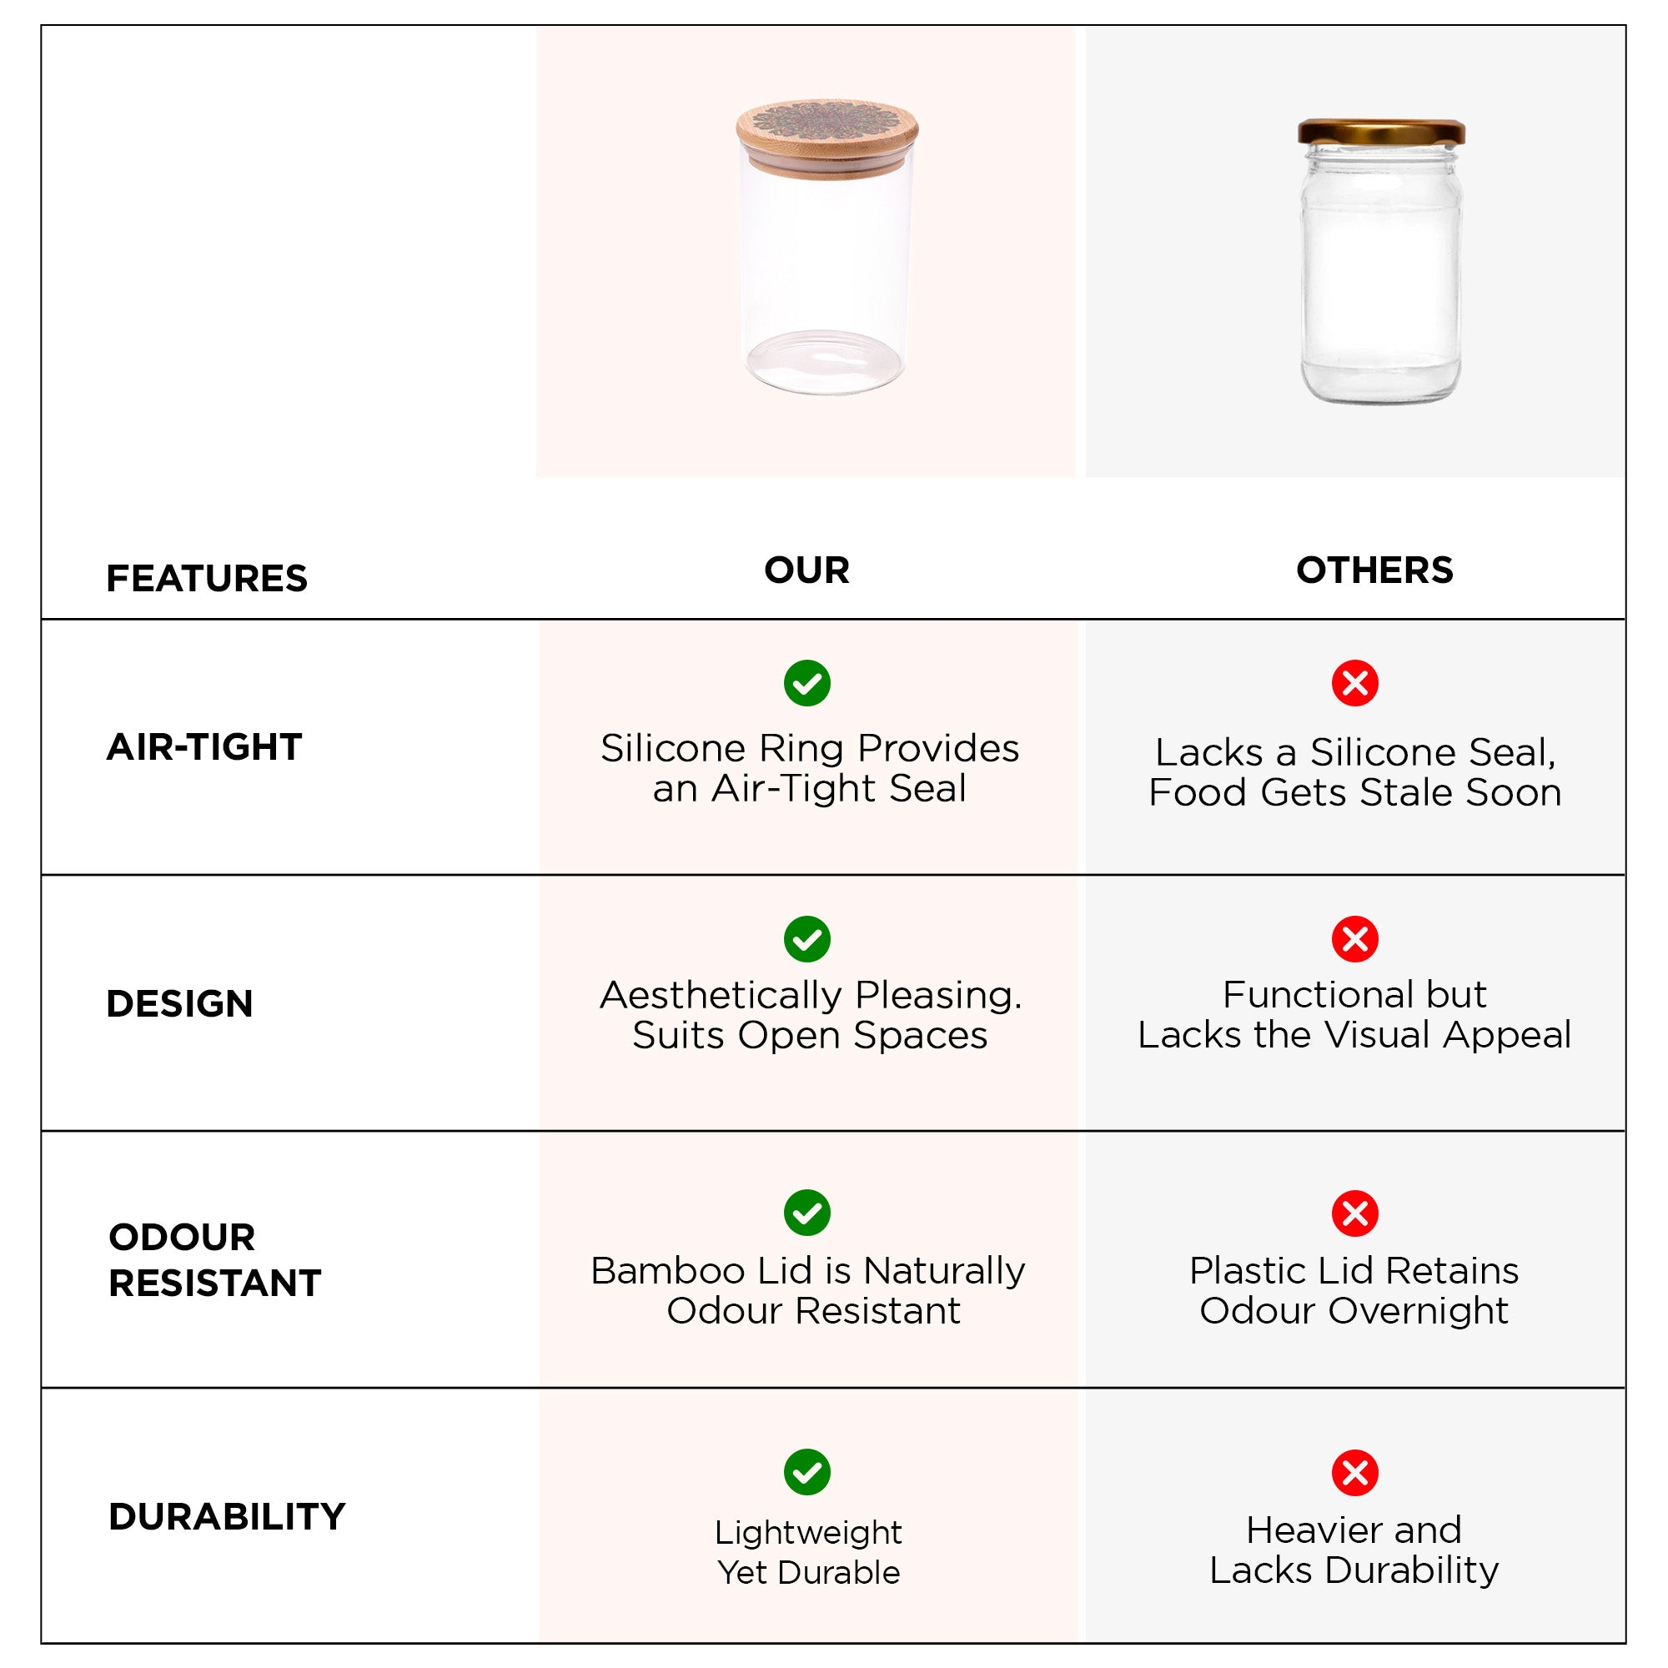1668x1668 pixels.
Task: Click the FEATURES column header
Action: (x=206, y=579)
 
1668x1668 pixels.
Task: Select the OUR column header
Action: (x=807, y=570)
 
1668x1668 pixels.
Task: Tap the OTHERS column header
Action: (x=1374, y=570)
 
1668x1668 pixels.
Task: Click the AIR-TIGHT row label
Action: (x=204, y=746)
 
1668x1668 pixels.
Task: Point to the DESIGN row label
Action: (x=179, y=1003)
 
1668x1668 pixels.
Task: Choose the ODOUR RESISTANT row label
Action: (x=214, y=1259)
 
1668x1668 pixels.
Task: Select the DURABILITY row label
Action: (x=227, y=1516)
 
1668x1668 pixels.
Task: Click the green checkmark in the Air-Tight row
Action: (x=807, y=684)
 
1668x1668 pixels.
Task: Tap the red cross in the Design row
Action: (x=1355, y=939)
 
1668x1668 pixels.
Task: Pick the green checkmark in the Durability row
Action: (x=807, y=1472)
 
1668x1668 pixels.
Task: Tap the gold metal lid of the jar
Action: (x=1381, y=132)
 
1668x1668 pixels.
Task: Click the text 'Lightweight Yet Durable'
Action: (x=808, y=1552)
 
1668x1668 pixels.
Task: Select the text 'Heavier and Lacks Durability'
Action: (x=1354, y=1550)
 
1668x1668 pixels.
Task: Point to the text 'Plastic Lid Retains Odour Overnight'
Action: (x=1354, y=1291)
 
